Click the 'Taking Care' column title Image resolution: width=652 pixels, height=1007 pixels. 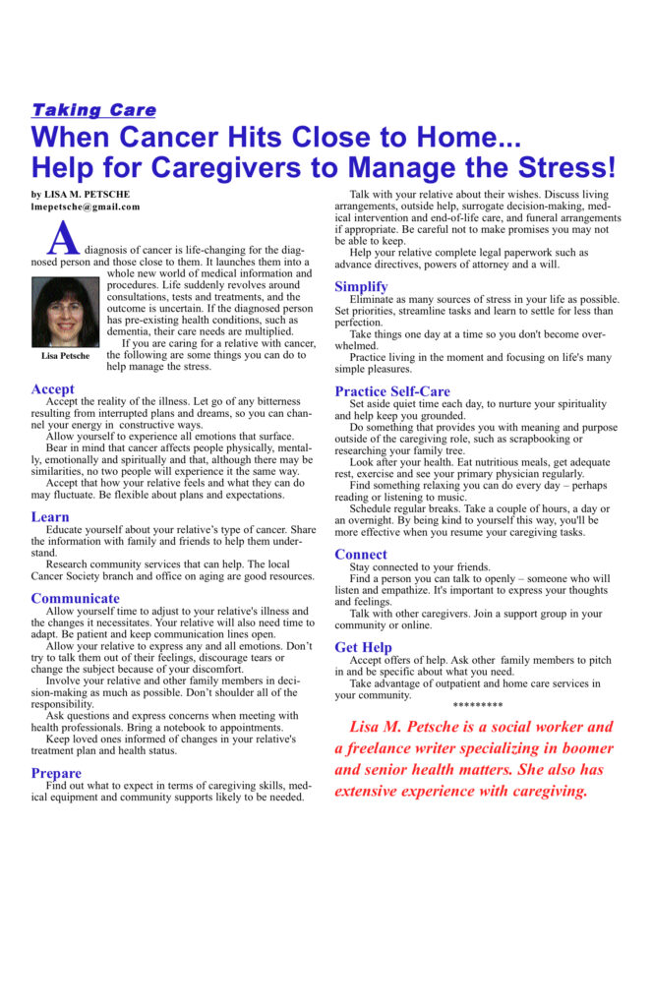coord(93,110)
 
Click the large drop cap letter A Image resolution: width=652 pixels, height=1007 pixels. coord(63,238)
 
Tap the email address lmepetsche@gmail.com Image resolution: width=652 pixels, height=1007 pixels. coord(86,207)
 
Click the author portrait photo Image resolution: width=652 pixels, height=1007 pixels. coord(65,312)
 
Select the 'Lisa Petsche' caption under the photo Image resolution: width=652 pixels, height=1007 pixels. coord(65,356)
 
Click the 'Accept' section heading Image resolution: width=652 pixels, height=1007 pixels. coord(52,389)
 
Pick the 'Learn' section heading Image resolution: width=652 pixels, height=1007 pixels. coord(50,517)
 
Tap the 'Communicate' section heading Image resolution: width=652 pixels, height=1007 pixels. coord(75,599)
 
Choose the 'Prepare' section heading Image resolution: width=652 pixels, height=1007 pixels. coord(56,774)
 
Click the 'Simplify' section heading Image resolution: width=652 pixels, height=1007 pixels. coord(361,287)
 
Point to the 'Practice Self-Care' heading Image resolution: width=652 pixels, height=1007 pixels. coord(392,392)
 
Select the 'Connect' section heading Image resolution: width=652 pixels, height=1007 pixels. coord(361,555)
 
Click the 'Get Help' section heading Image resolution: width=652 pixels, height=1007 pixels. coord(363,648)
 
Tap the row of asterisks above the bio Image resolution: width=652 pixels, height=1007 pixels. coord(478,706)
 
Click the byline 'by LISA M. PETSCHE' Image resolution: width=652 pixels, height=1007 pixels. coord(81,195)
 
